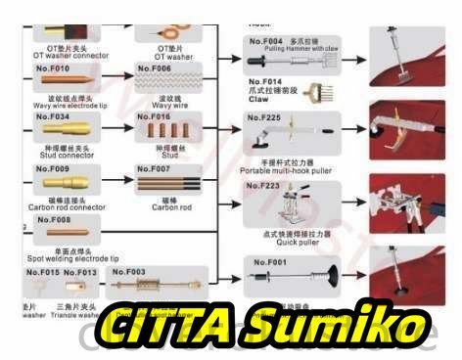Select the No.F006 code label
point(155,69)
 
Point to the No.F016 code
point(155,116)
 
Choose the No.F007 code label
point(155,168)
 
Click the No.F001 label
point(271,263)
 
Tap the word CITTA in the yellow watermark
point(163,322)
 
